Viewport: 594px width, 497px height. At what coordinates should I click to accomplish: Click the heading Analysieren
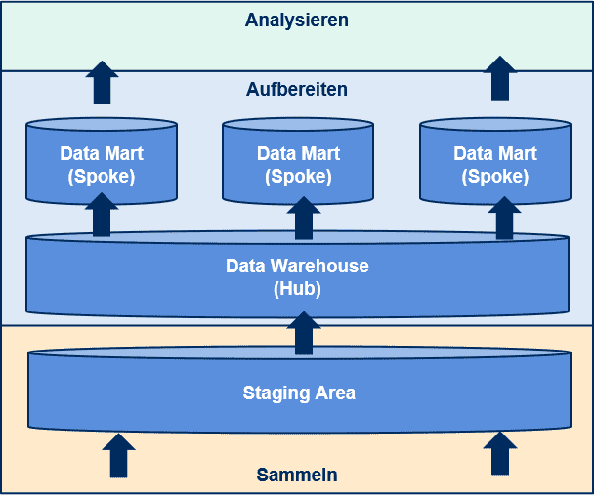point(296,20)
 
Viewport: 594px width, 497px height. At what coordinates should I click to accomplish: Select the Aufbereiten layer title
point(296,90)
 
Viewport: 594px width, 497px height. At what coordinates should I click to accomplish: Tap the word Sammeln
point(297,476)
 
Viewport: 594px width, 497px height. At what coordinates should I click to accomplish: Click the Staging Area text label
point(299,393)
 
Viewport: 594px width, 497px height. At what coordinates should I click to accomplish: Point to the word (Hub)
point(298,289)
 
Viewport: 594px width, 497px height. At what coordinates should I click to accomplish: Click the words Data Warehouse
point(297,266)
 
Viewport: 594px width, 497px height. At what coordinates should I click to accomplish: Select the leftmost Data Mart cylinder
point(101,161)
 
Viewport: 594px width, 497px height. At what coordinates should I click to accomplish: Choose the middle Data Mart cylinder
point(298,161)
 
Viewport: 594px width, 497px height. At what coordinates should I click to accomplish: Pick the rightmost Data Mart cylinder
point(495,161)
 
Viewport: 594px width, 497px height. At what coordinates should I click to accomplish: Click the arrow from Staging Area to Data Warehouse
point(305,334)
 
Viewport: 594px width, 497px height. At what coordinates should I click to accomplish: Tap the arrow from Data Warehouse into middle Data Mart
point(304,218)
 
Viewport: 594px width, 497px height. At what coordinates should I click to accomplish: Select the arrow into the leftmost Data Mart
point(101,215)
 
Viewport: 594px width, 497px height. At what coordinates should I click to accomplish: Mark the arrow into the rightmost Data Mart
point(504,218)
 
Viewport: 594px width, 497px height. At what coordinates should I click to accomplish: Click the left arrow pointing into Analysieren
point(101,82)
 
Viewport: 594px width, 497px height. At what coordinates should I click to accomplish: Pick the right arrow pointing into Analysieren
point(500,78)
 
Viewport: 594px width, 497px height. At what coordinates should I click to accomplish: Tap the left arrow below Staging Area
point(118,455)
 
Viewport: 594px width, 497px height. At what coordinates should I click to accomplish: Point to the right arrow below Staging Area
point(500,453)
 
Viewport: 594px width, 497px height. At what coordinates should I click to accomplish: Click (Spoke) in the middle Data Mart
point(298,177)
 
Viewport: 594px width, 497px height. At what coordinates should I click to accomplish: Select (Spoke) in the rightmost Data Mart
point(495,177)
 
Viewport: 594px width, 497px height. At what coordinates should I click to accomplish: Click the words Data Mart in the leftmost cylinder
point(101,153)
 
